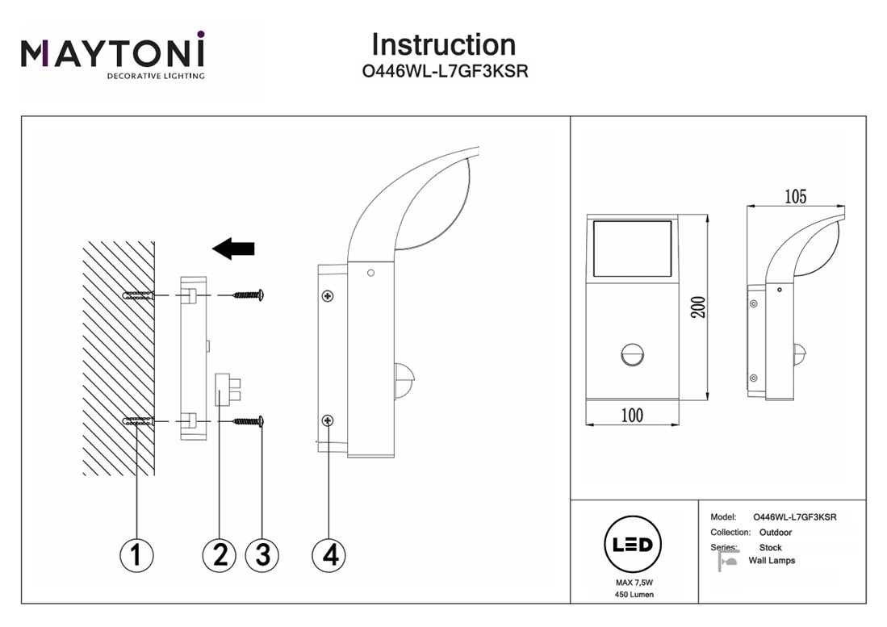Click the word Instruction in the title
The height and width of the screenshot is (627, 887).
tap(443, 44)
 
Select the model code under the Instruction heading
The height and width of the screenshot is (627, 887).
tap(445, 71)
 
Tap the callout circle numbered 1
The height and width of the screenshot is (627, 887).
tap(136, 554)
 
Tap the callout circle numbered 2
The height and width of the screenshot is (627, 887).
tap(219, 554)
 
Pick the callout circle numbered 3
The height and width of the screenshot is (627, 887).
tap(261, 554)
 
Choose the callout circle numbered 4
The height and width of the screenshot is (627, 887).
tap(328, 554)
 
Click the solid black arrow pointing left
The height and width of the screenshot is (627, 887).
tap(233, 249)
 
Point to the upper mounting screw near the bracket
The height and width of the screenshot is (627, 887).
tap(249, 296)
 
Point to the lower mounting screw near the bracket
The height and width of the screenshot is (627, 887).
tap(249, 420)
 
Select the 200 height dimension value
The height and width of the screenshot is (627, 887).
tap(699, 307)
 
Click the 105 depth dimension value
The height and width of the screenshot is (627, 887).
tap(795, 196)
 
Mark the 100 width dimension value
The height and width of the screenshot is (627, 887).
tap(632, 416)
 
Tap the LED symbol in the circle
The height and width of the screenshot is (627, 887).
tap(633, 545)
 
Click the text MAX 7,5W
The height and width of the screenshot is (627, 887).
tap(633, 582)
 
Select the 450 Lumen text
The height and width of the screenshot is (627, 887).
tap(633, 595)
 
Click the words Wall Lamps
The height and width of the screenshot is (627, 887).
tap(772, 561)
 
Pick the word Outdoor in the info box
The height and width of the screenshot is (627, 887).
tap(776, 533)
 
